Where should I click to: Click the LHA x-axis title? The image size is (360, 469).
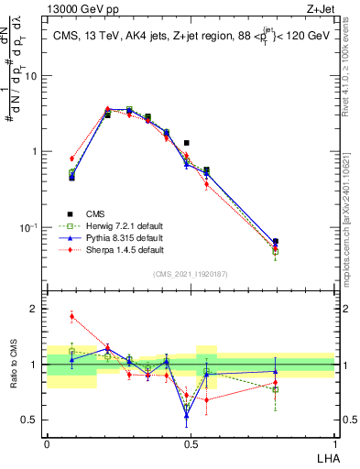tap(325, 459)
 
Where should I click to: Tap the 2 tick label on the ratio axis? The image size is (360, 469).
tap(36, 310)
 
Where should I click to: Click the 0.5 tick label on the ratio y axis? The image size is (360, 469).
tap(32, 420)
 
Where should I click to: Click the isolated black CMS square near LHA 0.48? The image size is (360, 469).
tap(187, 143)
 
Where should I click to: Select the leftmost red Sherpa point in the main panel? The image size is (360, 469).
tap(71, 158)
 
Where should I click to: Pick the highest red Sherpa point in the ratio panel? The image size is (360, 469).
tap(71, 317)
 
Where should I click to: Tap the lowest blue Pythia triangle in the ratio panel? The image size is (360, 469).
tap(187, 416)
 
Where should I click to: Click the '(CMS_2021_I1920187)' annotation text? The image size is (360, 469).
tap(191, 273)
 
